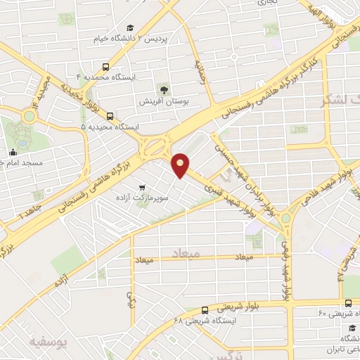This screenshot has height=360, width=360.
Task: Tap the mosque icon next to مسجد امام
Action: tap(13, 152)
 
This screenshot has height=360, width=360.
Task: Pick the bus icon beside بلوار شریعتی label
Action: tap(204, 309)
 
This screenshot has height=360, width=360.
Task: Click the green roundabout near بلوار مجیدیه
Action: tap(29, 115)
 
